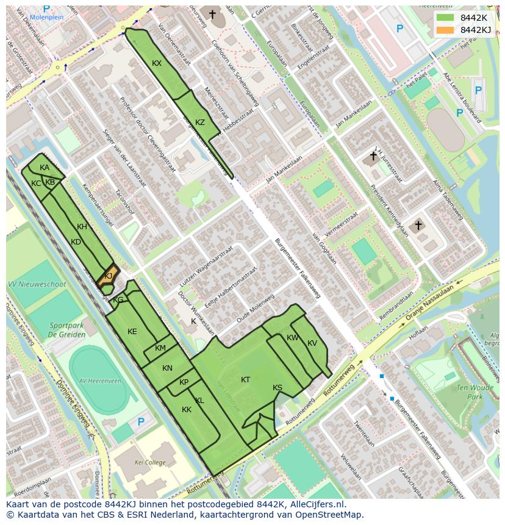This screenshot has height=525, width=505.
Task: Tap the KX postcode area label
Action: click(x=157, y=63)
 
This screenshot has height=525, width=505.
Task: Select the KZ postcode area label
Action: click(x=200, y=122)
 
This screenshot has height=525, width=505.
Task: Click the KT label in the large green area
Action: click(x=245, y=380)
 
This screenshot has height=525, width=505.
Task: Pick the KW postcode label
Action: click(x=293, y=338)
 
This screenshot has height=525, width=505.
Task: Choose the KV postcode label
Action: click(x=312, y=343)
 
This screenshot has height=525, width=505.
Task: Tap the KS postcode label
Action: click(x=278, y=388)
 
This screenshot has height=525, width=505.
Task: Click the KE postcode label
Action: click(x=132, y=332)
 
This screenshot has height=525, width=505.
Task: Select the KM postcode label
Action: click(x=160, y=348)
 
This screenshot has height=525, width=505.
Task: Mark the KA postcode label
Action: click(x=45, y=168)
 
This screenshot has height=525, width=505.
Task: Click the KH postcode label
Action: click(x=82, y=227)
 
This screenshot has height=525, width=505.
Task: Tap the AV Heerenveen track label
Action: click(x=100, y=381)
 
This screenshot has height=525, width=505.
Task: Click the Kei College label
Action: click(x=150, y=463)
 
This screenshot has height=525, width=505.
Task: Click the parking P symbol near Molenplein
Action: click(x=46, y=9)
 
